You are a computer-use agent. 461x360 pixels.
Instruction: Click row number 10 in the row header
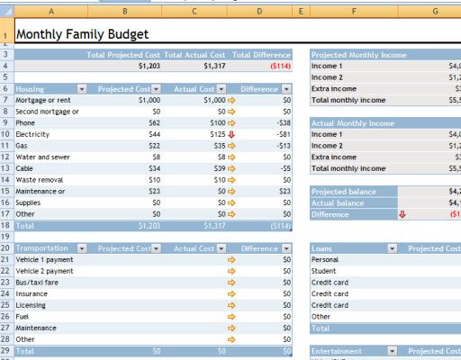[6, 134]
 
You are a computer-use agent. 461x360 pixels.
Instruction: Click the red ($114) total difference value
[278, 66]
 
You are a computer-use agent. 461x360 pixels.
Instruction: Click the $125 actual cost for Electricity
[214, 134]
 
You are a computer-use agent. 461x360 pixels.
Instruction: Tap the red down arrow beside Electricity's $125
[231, 134]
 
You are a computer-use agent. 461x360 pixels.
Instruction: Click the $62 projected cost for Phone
[150, 122]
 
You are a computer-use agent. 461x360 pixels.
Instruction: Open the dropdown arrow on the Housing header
[82, 89]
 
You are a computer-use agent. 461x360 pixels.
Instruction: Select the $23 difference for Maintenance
[285, 192]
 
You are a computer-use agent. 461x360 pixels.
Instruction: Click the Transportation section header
[43, 248]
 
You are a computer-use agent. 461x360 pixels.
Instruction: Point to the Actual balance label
[339, 203]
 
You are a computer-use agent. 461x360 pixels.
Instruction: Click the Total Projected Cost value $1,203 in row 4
[149, 66]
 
